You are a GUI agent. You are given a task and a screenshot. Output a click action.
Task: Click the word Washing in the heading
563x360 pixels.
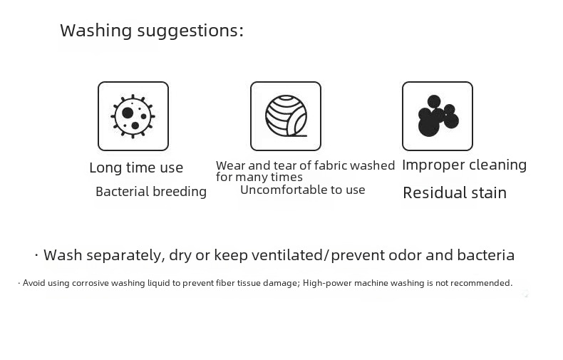pyautogui.click(x=96, y=31)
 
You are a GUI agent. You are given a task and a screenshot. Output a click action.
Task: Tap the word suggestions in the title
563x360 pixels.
pyautogui.click(x=190, y=31)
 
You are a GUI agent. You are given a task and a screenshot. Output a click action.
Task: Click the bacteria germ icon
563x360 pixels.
pyautogui.click(x=133, y=116)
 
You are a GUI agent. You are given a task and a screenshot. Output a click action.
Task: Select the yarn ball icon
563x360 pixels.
pyautogui.click(x=286, y=115)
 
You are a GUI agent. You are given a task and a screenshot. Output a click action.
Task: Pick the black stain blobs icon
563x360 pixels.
pyautogui.click(x=438, y=115)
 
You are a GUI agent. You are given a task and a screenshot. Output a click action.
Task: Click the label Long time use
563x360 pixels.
pyautogui.click(x=136, y=168)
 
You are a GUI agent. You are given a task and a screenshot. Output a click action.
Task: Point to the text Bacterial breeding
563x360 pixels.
pyautogui.click(x=151, y=192)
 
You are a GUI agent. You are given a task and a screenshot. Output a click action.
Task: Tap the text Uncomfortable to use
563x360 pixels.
pyautogui.click(x=303, y=190)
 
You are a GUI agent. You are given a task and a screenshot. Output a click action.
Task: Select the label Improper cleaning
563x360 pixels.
pyautogui.click(x=464, y=165)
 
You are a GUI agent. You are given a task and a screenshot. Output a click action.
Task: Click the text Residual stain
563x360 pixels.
pyautogui.click(x=455, y=193)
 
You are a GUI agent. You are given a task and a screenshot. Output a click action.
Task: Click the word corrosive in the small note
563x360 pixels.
pyautogui.click(x=91, y=283)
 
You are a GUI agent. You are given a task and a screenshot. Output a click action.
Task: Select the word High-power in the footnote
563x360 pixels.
pyautogui.click(x=327, y=283)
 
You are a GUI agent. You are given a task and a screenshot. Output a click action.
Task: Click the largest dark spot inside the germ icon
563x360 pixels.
pyautogui.click(x=128, y=113)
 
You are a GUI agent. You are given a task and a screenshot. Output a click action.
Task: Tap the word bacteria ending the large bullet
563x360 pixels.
pyautogui.click(x=486, y=255)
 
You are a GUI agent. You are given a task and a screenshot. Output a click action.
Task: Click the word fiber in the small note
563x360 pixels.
pyautogui.click(x=224, y=283)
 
